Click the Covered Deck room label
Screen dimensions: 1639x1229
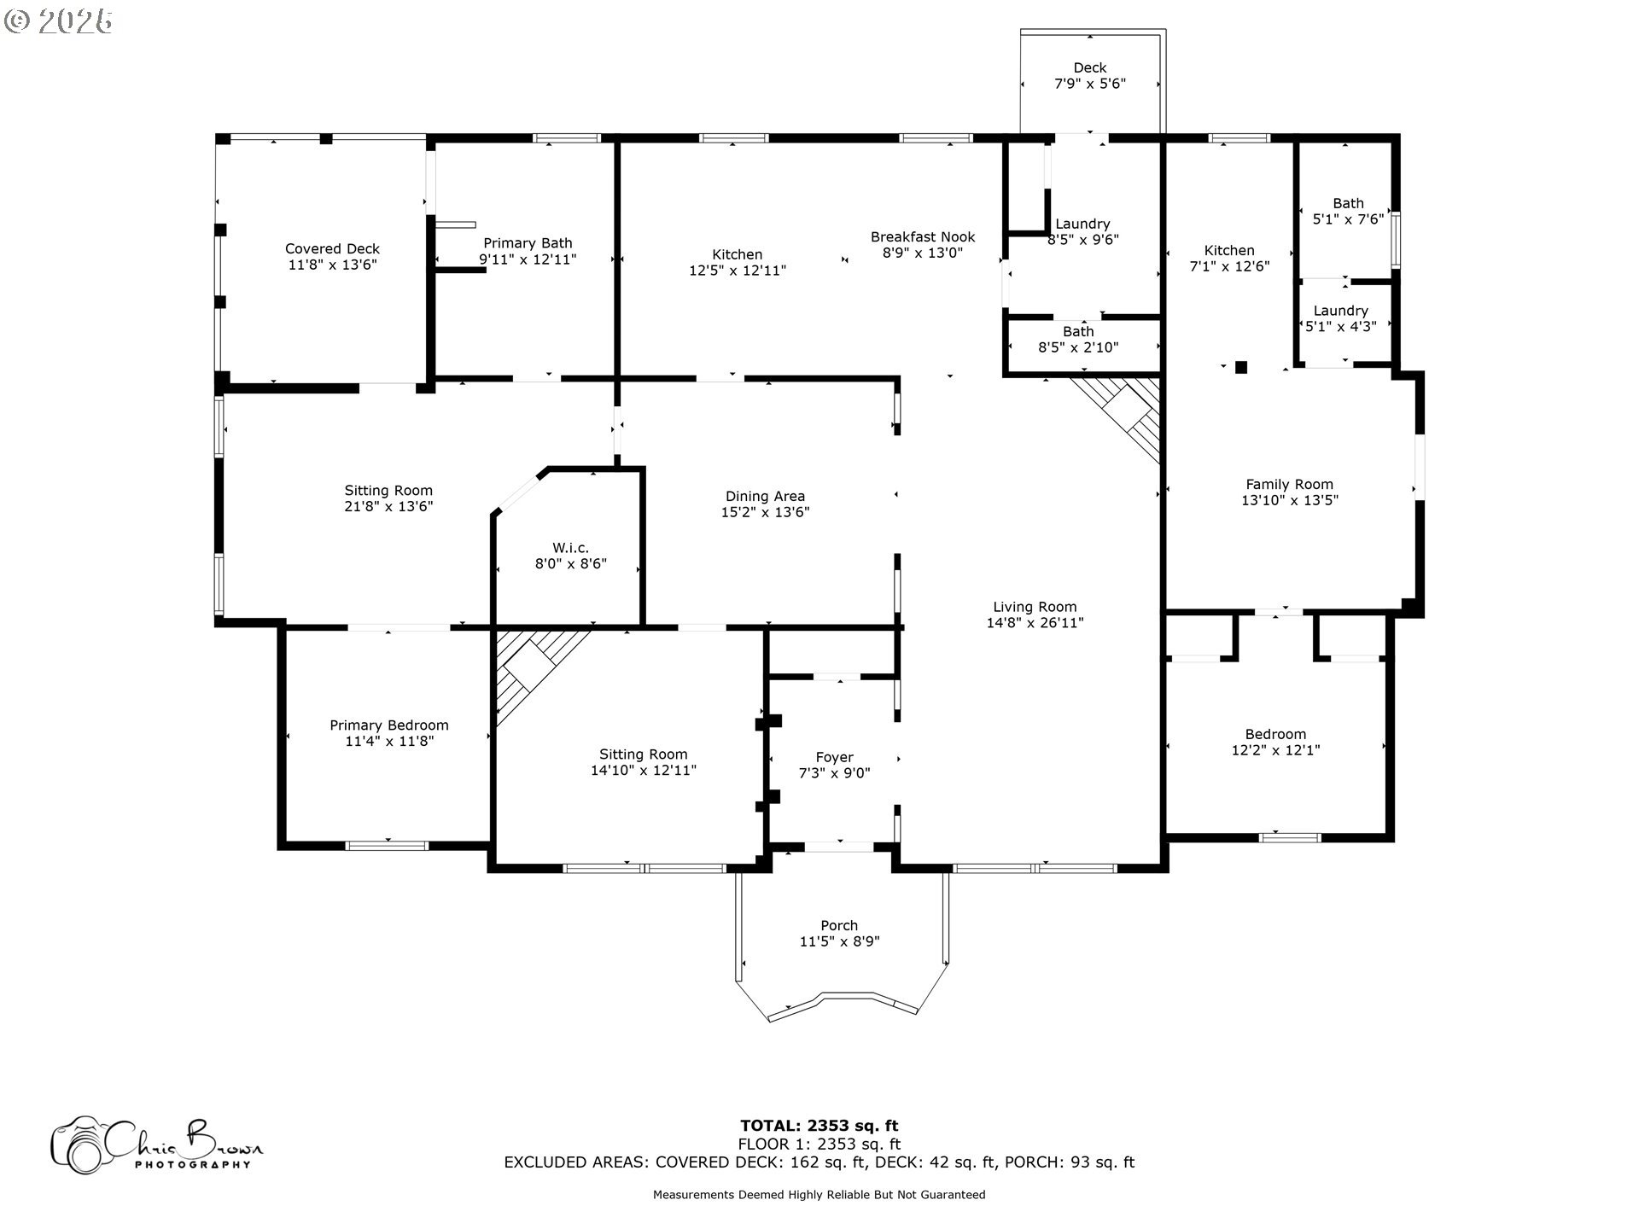[x=332, y=249]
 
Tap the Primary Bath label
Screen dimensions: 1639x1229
[x=528, y=243]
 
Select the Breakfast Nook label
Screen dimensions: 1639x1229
[x=923, y=237]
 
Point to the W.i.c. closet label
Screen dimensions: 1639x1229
[x=570, y=548]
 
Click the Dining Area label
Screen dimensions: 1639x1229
[x=765, y=496]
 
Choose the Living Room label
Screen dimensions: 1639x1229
[x=1035, y=607]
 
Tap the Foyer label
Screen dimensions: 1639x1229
[x=834, y=757]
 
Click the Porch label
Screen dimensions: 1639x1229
[x=839, y=925]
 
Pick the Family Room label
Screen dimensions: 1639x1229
[x=1289, y=484]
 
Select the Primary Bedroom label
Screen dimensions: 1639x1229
[x=389, y=725]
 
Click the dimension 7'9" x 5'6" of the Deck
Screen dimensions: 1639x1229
[x=1090, y=84]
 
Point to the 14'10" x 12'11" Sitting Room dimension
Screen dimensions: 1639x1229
[x=644, y=771]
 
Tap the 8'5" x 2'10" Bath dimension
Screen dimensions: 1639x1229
[x=1078, y=347]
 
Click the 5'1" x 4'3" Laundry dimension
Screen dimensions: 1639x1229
[x=1341, y=326]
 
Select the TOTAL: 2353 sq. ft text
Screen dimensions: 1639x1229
[x=819, y=1126]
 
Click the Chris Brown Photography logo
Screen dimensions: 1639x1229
[x=157, y=1145]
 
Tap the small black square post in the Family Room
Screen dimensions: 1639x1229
[x=1241, y=367]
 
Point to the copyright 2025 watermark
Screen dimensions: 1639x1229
[x=58, y=21]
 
